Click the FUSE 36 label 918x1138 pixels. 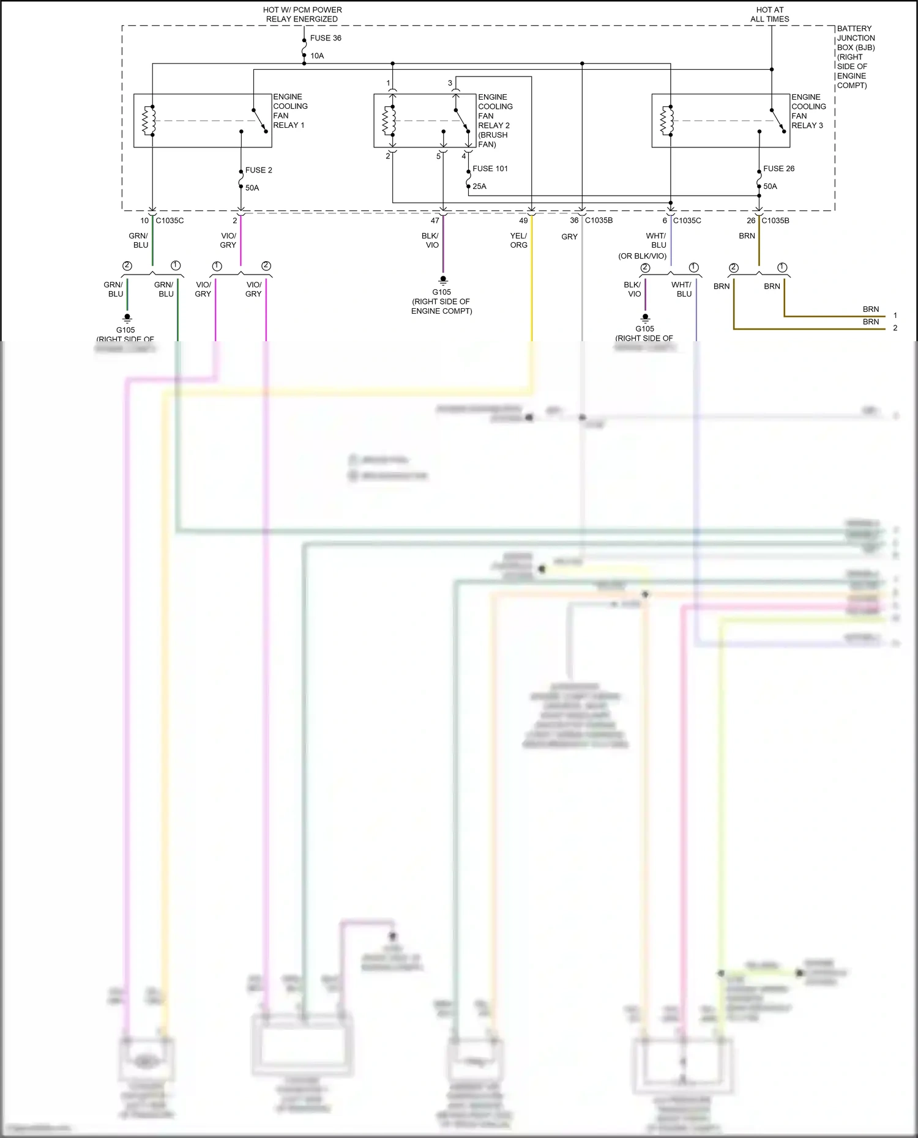[x=326, y=38]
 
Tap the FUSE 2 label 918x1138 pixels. [x=258, y=170]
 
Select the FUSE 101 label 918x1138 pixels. [x=490, y=168]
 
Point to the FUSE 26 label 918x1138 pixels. [x=778, y=168]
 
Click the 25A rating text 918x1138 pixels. [x=479, y=187]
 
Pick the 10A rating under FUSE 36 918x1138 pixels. [x=317, y=56]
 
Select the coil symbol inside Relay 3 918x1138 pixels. [x=666, y=120]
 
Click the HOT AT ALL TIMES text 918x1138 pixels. [x=770, y=15]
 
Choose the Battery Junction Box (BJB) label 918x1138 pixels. [x=855, y=57]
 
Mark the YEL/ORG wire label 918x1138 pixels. [x=518, y=240]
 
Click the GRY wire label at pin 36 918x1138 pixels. [x=569, y=237]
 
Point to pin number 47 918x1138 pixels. [x=435, y=221]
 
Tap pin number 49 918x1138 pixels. [x=523, y=221]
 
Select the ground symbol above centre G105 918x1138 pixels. [x=443, y=280]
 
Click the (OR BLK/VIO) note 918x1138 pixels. [x=642, y=256]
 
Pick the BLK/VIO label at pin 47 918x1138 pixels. [x=430, y=240]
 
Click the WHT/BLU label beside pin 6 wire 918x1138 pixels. [x=656, y=240]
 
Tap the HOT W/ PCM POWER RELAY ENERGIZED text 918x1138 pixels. [x=302, y=15]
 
